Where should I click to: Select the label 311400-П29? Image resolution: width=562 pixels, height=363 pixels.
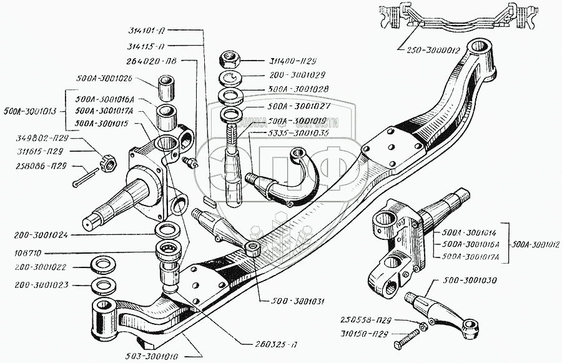280,61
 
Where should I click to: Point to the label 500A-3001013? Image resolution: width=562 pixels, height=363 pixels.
30,112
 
